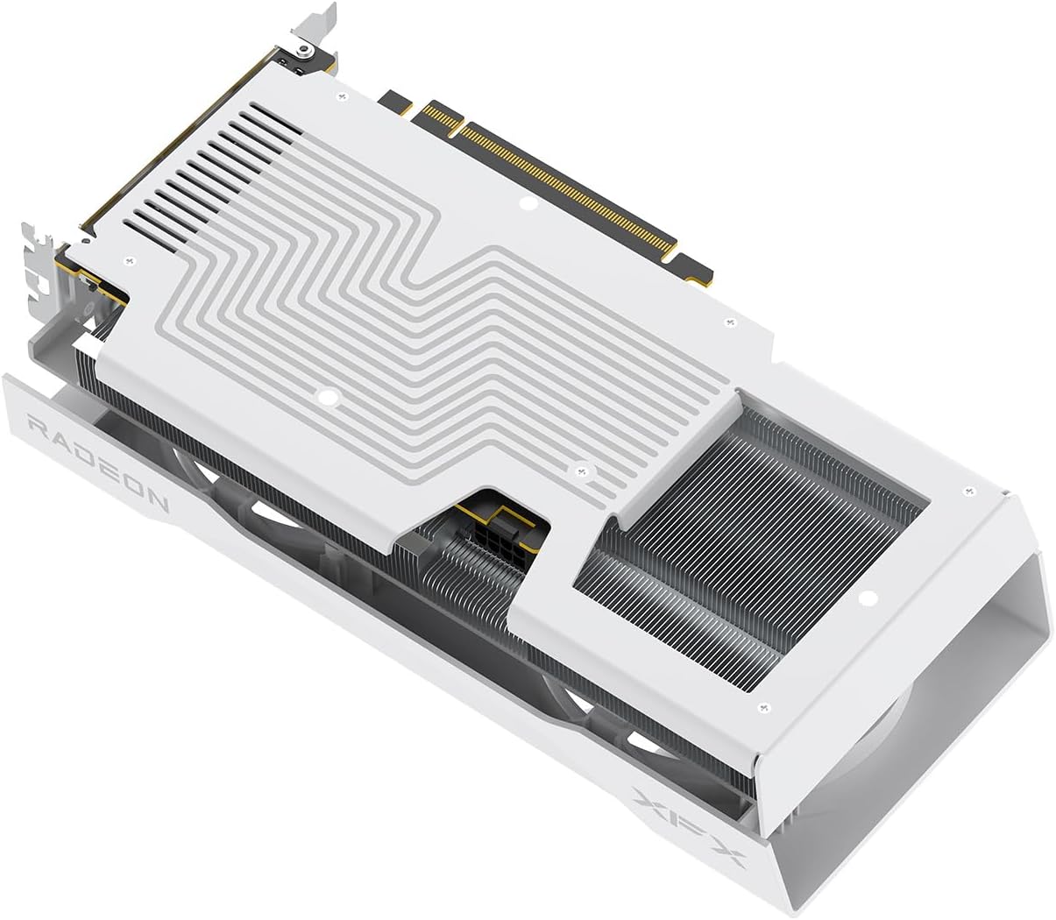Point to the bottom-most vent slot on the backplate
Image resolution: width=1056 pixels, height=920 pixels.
(149, 234)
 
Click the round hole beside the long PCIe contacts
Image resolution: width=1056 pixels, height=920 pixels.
(527, 204)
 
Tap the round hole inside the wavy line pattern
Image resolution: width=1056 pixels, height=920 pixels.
(328, 397)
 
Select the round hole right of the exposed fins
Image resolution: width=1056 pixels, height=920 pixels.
(867, 599)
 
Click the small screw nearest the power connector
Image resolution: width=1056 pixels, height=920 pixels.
(579, 471)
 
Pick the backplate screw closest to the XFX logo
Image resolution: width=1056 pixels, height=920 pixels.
(762, 705)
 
